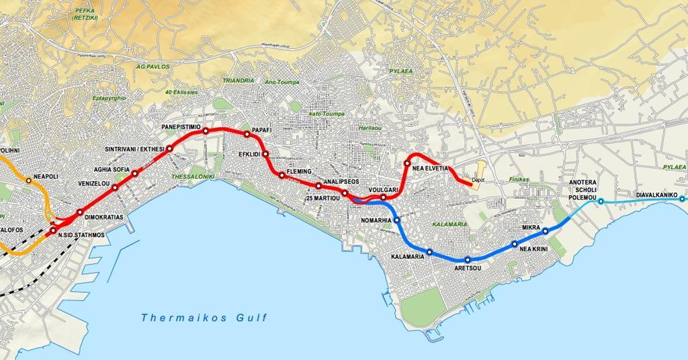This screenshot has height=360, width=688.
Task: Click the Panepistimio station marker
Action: pos(206,132)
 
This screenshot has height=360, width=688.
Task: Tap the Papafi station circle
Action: pos(247,134)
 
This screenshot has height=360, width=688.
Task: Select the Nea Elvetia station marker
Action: pos(407,163)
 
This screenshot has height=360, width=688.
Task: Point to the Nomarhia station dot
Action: pos(397,220)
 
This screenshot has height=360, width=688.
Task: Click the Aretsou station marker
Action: pos(468,260)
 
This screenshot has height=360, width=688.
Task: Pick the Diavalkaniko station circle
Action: pos(682,199)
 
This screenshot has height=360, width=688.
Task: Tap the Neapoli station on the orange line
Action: pos(29,181)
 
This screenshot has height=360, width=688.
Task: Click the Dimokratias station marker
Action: pos(80,213)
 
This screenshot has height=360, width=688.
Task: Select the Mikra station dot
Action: pos(546,232)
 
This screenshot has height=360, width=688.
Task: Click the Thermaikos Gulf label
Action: pos(204,318)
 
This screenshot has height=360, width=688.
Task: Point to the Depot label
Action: pos(478,181)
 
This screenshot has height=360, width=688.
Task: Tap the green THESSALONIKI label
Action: pos(193,177)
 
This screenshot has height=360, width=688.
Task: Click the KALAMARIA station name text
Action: pos(407,257)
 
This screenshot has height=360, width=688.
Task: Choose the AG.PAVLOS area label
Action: pos(153,67)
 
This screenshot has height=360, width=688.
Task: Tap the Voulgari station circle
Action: pos(383,197)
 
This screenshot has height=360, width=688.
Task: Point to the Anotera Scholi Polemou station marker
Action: pos(601,201)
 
